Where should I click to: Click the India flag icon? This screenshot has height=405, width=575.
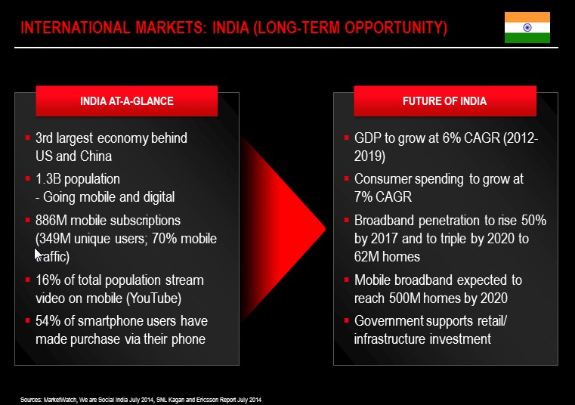pyautogui.click(x=527, y=27)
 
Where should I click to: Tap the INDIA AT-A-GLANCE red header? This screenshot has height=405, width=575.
pyautogui.click(x=126, y=101)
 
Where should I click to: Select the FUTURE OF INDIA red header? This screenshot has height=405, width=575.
pyautogui.click(x=445, y=101)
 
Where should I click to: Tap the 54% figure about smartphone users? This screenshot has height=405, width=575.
pyautogui.click(x=48, y=321)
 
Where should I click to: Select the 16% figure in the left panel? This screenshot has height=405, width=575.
pyautogui.click(x=48, y=280)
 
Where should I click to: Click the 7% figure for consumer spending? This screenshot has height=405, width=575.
pyautogui.click(x=362, y=197)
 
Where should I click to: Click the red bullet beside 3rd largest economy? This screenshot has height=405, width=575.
pyautogui.click(x=27, y=138)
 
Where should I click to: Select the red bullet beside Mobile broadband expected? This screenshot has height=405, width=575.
pyautogui.click(x=346, y=280)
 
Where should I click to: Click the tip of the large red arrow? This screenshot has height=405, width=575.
pyautogui.click(x=326, y=229)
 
